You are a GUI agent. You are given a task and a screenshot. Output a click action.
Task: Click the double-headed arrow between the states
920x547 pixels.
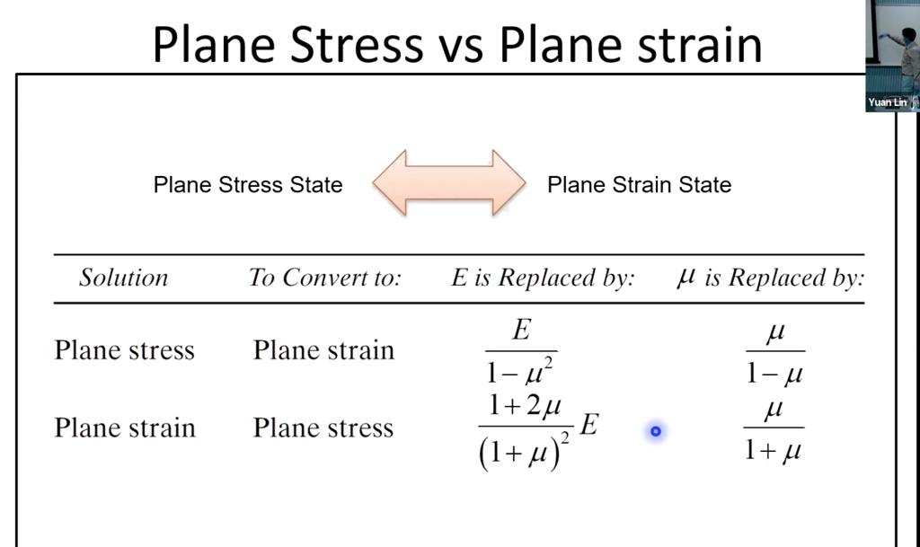[448, 182]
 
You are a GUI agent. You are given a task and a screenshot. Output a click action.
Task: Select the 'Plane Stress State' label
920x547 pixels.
[248, 185]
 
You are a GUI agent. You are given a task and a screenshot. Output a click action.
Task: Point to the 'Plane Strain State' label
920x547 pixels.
[639, 185]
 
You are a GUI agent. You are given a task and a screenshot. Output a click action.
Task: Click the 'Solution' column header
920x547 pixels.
[123, 278]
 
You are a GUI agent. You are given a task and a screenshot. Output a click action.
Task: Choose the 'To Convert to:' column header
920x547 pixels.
[324, 278]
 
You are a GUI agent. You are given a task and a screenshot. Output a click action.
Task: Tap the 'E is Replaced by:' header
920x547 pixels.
[542, 278]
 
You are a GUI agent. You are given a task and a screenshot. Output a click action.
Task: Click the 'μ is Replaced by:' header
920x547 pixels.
[770, 278]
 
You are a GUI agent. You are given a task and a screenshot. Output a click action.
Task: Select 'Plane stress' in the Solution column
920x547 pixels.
[124, 349]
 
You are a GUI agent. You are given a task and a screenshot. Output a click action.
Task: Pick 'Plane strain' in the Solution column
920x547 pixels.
[124, 427]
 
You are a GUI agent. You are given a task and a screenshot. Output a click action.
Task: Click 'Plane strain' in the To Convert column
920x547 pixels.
[323, 349]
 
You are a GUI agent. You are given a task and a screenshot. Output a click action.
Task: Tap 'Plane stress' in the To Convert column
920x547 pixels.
[323, 427]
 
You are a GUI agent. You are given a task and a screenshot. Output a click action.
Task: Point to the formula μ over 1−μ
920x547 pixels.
[774, 353]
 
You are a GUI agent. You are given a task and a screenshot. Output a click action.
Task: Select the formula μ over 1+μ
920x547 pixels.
[774, 430]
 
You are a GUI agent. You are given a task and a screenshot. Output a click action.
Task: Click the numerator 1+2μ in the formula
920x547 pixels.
[526, 409]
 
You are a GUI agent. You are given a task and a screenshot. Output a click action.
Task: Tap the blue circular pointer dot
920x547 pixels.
[656, 432]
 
